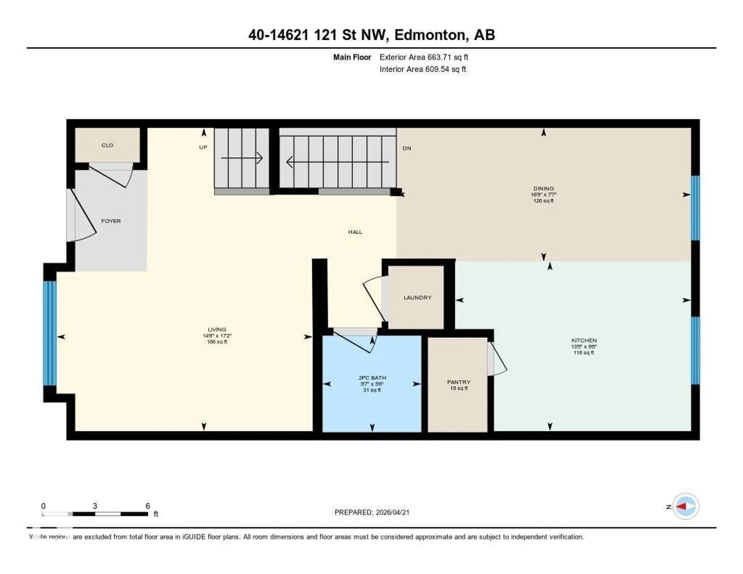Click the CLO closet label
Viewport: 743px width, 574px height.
coord(107,145)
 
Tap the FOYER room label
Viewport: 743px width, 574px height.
coord(111,221)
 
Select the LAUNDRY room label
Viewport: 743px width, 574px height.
coord(417,298)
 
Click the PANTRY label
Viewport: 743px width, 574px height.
coord(459,382)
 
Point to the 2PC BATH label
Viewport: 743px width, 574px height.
coord(372,378)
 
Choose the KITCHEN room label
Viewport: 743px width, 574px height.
coord(584,340)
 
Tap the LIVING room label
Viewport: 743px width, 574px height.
coord(217,329)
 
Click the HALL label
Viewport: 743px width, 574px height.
coord(355,232)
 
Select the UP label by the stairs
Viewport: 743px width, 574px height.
coord(203,147)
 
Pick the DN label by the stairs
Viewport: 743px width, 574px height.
coord(407,148)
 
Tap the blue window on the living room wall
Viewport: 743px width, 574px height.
coord(50,333)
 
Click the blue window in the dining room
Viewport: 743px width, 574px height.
coord(695,208)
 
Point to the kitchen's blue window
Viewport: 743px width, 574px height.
coord(695,350)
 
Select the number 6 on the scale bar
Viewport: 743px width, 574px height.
coord(148,506)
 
